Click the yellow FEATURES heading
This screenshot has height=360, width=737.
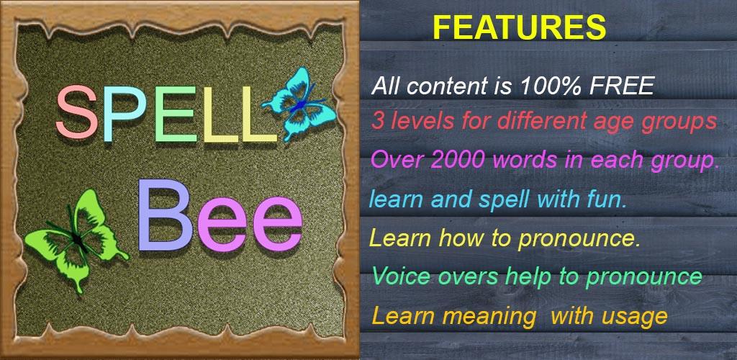pyautogui.click(x=519, y=27)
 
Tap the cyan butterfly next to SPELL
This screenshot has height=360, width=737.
pyautogui.click(x=299, y=104)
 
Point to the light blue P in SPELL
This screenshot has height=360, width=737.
pyautogui.click(x=124, y=113)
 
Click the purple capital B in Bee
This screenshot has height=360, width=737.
pyautogui.click(x=165, y=215)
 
